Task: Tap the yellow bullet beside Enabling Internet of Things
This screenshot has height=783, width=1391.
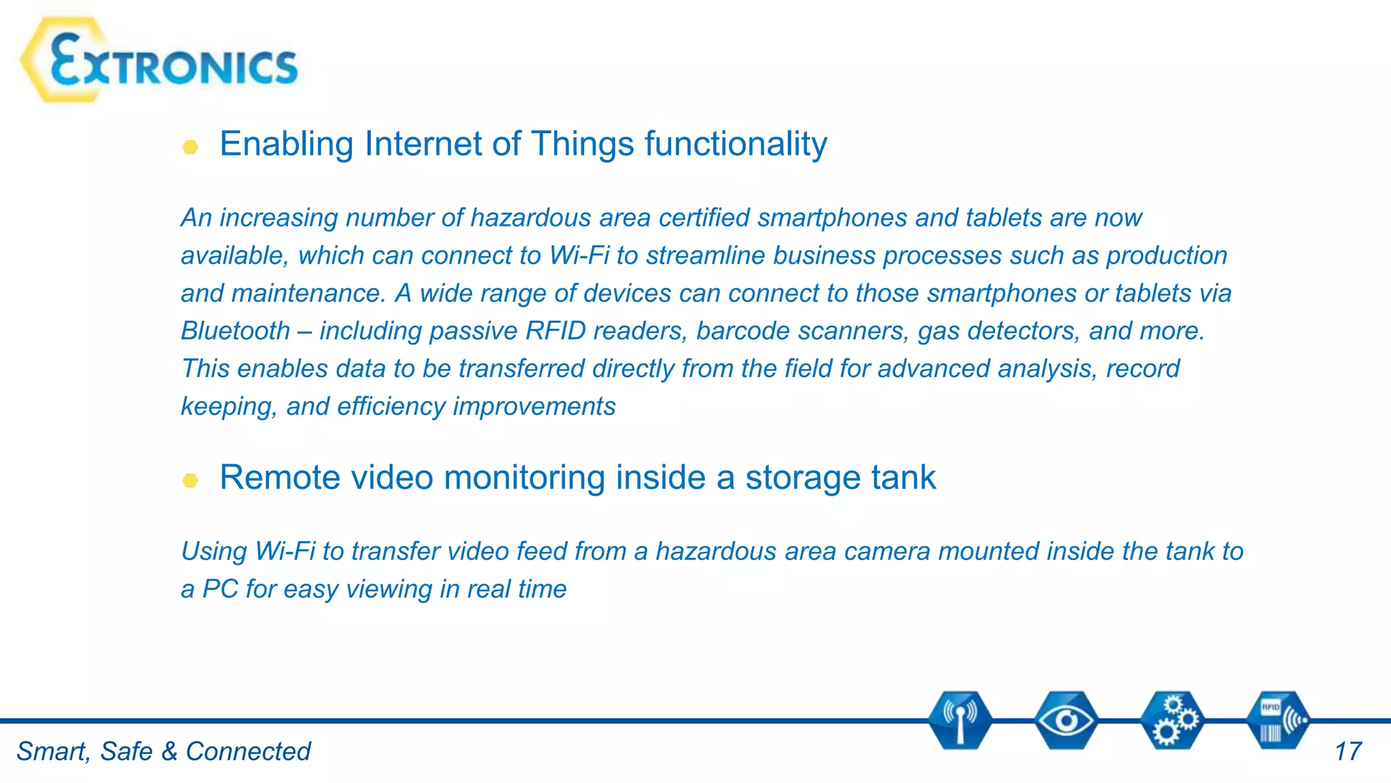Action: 190,147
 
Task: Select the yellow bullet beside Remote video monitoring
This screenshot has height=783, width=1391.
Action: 190,481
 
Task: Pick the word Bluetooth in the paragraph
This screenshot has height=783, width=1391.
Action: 235,331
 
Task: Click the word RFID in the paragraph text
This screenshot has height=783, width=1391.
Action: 555,331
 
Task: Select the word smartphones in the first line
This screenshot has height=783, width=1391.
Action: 832,218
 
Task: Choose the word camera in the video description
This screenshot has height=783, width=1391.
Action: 886,551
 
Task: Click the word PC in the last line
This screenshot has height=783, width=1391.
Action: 220,589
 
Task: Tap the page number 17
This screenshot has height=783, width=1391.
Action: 1348,752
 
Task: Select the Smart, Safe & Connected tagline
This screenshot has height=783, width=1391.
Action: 163,752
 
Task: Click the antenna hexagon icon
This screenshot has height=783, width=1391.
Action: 960,720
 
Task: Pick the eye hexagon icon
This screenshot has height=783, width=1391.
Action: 1066,720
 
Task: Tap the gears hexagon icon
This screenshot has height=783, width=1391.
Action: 1172,720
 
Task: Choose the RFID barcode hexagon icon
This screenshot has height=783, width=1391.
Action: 1278,720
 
